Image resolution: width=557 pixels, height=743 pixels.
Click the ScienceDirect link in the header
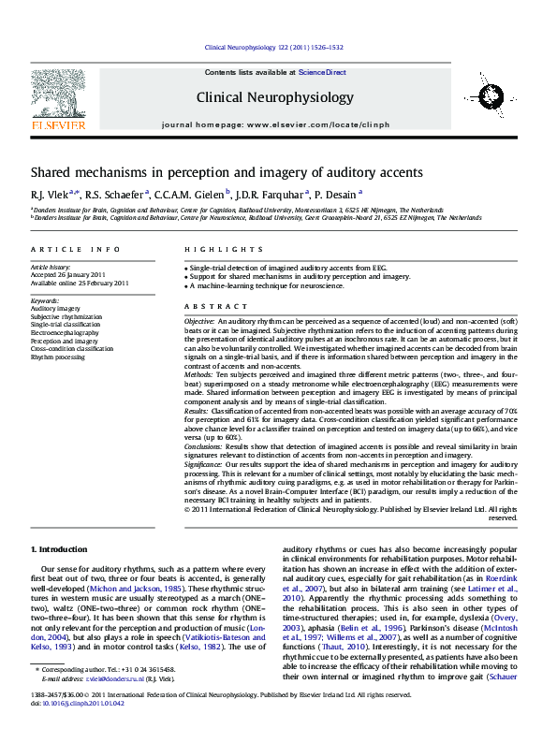pyautogui.click(x=322, y=72)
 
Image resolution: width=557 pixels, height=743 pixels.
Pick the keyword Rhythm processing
pyautogui.click(x=58, y=357)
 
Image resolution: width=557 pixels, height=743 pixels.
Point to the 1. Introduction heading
pyautogui.click(x=59, y=548)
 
